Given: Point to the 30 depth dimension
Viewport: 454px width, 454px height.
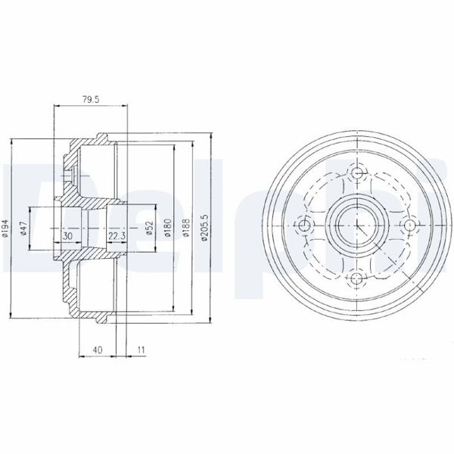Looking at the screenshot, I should point(68,237).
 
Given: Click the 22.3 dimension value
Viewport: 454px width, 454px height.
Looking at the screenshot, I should point(117,237).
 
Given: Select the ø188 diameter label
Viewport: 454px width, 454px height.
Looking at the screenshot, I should point(186,229).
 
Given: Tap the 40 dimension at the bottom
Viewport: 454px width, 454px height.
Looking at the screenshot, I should point(98,350).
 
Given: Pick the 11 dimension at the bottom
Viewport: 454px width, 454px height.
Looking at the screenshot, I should point(141,350).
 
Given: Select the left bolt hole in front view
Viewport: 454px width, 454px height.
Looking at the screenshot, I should point(305,226).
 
